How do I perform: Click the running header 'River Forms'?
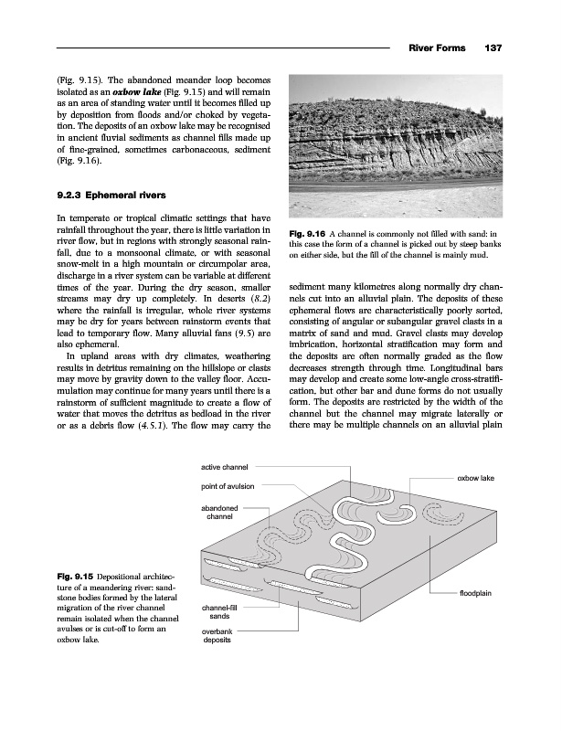pos(436,48)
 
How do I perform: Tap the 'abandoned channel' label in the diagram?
pos(221,512)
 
